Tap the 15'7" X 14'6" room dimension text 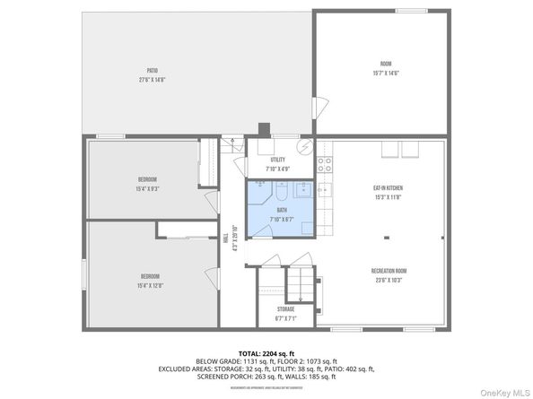(x=385, y=74)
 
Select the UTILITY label (x=277, y=160)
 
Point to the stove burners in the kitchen (x=324, y=165)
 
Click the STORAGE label (x=285, y=308)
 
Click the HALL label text (x=225, y=238)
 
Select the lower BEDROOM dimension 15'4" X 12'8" (x=149, y=286)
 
